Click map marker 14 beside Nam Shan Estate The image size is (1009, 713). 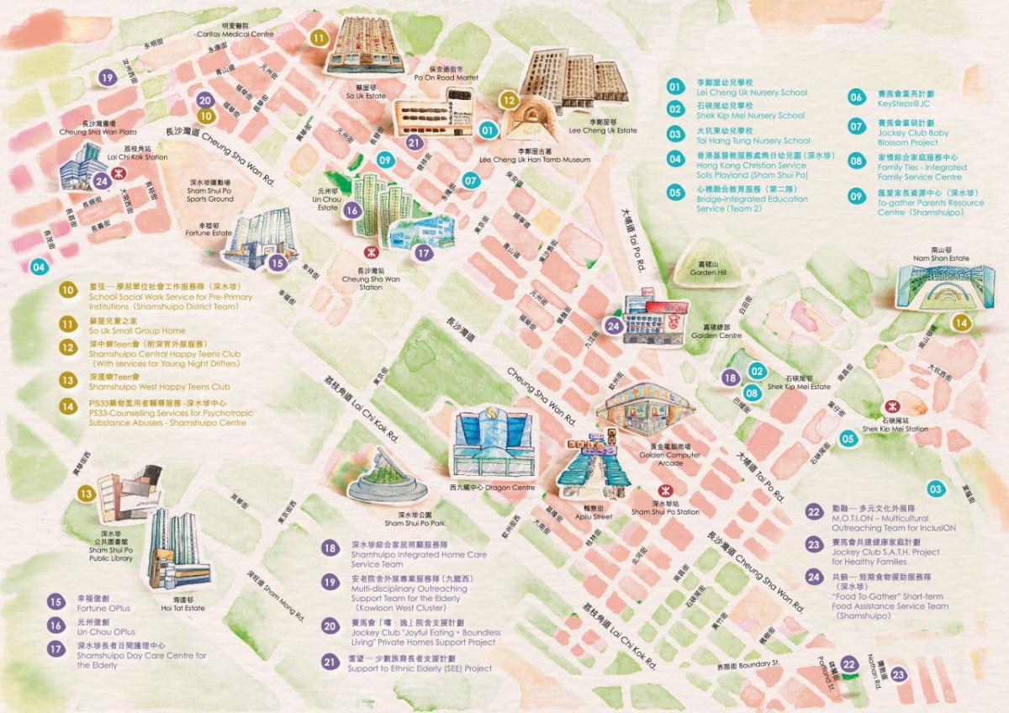(960, 322)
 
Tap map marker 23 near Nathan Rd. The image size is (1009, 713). (899, 673)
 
